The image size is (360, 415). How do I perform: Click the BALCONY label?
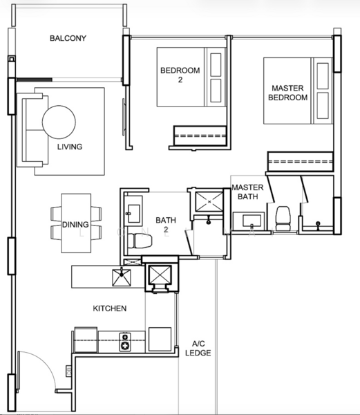(68, 38)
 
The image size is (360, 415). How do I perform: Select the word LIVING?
(70, 147)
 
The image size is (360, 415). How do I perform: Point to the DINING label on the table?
(75, 224)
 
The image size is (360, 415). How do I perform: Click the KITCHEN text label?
(110, 308)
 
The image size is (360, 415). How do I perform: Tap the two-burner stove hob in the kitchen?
(125, 341)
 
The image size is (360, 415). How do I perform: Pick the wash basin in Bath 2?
(133, 210)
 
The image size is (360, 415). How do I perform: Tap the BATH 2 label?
(165, 225)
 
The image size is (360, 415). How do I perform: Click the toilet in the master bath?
(283, 217)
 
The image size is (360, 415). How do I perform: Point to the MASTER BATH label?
(247, 192)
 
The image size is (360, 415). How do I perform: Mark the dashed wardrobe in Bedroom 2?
(199, 136)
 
